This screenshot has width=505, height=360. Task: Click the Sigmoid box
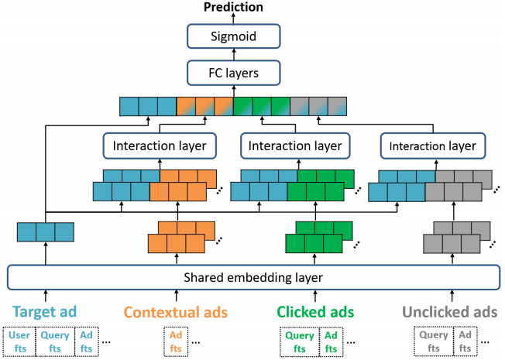click(233, 36)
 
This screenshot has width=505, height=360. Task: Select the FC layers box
click(233, 73)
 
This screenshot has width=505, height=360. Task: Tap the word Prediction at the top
click(233, 7)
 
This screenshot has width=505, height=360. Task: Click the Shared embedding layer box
click(253, 277)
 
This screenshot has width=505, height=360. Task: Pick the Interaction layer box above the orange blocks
click(160, 146)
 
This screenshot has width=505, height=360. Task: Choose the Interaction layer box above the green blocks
click(295, 146)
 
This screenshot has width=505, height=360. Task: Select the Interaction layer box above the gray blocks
click(433, 146)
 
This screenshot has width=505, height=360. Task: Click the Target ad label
click(45, 312)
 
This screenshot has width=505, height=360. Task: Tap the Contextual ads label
click(176, 312)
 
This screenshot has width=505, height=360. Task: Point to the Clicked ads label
click(315, 312)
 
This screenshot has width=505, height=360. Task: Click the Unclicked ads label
click(449, 312)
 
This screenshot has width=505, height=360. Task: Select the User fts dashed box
click(19, 341)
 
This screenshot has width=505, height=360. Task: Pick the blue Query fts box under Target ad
click(55, 341)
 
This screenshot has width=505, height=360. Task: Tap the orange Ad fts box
click(176, 341)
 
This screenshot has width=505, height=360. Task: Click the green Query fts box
click(300, 341)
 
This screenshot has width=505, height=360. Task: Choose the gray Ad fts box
click(465, 341)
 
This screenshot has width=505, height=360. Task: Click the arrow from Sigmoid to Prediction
click(233, 19)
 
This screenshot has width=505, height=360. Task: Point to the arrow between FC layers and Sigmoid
click(234, 54)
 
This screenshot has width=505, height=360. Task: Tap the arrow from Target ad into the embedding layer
click(46, 296)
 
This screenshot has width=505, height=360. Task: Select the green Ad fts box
click(331, 341)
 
